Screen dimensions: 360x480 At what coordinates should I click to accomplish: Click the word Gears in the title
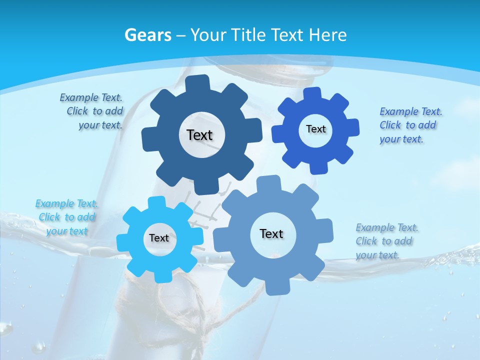147,35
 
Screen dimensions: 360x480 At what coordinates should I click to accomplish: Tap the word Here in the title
327,35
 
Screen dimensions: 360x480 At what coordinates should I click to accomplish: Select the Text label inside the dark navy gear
199,135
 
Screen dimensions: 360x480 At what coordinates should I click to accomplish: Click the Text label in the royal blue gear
315,129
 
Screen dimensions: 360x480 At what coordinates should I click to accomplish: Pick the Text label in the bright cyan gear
159,238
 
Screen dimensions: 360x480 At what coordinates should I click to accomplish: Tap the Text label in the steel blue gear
271,233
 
